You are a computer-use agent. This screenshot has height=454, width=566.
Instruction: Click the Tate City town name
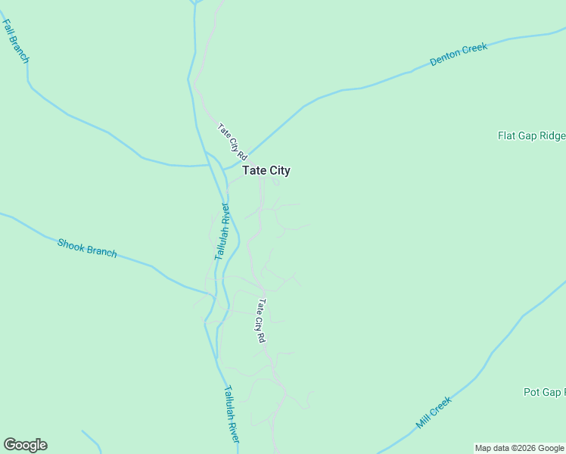266,171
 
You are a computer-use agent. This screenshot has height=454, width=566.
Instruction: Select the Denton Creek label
459,54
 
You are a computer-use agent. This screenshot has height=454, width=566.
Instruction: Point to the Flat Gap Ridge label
531,136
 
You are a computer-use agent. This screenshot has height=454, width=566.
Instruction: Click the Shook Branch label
87,247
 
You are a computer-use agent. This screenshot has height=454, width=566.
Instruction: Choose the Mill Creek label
434,412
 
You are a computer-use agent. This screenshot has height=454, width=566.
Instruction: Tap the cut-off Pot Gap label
543,392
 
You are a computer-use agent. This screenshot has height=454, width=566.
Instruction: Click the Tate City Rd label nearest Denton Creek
232,141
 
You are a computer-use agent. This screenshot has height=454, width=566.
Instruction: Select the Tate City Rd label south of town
262,321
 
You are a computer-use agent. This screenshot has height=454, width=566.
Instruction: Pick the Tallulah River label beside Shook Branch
222,232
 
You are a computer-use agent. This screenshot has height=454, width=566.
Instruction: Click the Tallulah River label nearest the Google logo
232,415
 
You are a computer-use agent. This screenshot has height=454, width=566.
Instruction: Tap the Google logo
25,445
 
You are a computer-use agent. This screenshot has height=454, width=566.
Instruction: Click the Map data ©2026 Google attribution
519,448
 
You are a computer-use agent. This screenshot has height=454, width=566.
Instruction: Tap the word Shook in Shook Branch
70,244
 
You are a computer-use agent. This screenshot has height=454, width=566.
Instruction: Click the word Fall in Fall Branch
10,31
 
